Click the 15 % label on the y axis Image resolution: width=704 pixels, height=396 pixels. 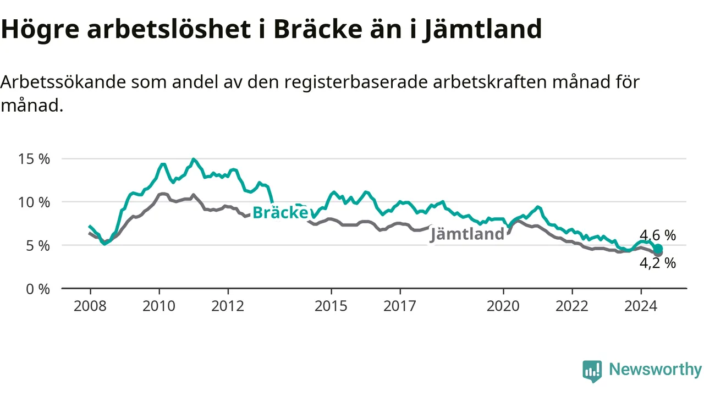pos(34,159)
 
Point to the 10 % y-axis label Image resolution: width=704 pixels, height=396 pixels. pos(34,202)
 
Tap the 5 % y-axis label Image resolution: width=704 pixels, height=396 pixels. pos(38,246)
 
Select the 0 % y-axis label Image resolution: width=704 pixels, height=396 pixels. pos(38,289)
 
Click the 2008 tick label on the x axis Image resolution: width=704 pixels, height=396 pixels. pos(90,306)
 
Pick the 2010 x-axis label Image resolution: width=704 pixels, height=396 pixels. pos(159,306)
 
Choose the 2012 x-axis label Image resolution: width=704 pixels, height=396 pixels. pos(228,306)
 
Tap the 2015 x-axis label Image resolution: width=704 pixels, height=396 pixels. pos(331,306)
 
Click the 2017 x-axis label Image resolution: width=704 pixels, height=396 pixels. pos(400,306)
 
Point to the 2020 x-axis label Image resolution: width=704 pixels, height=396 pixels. pos(503,306)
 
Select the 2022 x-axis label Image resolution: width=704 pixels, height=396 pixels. pos(572,306)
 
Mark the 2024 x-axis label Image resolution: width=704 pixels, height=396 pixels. pos(641,306)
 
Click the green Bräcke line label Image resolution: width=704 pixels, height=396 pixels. pos(280,212)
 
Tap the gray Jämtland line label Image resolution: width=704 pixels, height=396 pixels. pos(467,234)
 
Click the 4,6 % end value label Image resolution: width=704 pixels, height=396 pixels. pos(657,235)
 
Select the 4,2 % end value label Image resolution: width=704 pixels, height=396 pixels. pos(657,263)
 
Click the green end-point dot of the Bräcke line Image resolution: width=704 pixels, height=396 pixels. pos(658,249)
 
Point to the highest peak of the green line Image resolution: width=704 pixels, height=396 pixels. pos(193,159)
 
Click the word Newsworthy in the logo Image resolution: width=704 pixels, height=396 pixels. pos(655,369)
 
